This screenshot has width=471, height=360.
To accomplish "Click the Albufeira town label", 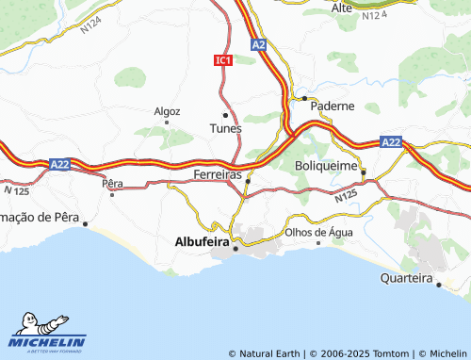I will click(x=203, y=241).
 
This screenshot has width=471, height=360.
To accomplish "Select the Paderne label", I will click(x=333, y=106).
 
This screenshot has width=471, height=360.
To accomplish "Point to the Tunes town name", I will click(x=225, y=127).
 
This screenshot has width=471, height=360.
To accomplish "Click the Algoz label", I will click(x=167, y=110).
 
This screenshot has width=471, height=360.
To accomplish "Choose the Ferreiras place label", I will click(x=217, y=176).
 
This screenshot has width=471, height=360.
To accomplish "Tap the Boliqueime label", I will click(x=326, y=166).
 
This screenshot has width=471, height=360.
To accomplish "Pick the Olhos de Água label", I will click(x=319, y=232).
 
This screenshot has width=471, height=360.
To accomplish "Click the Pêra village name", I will click(x=112, y=182).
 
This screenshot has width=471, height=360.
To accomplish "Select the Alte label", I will click(x=342, y=8).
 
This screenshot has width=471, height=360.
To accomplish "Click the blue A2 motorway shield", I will click(x=258, y=44).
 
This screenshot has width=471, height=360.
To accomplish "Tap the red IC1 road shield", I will click(x=222, y=60).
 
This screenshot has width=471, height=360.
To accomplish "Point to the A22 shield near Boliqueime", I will click(x=391, y=141).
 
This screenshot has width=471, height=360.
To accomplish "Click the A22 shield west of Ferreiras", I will click(x=59, y=164).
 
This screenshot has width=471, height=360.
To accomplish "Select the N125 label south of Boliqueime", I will click(x=346, y=197).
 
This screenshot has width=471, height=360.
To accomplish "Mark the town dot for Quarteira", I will click(x=438, y=284).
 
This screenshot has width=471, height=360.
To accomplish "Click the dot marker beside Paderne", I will click(x=304, y=98).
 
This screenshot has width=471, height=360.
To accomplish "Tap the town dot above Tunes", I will click(x=225, y=115).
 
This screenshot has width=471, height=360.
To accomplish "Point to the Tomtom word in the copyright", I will click(x=395, y=353).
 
